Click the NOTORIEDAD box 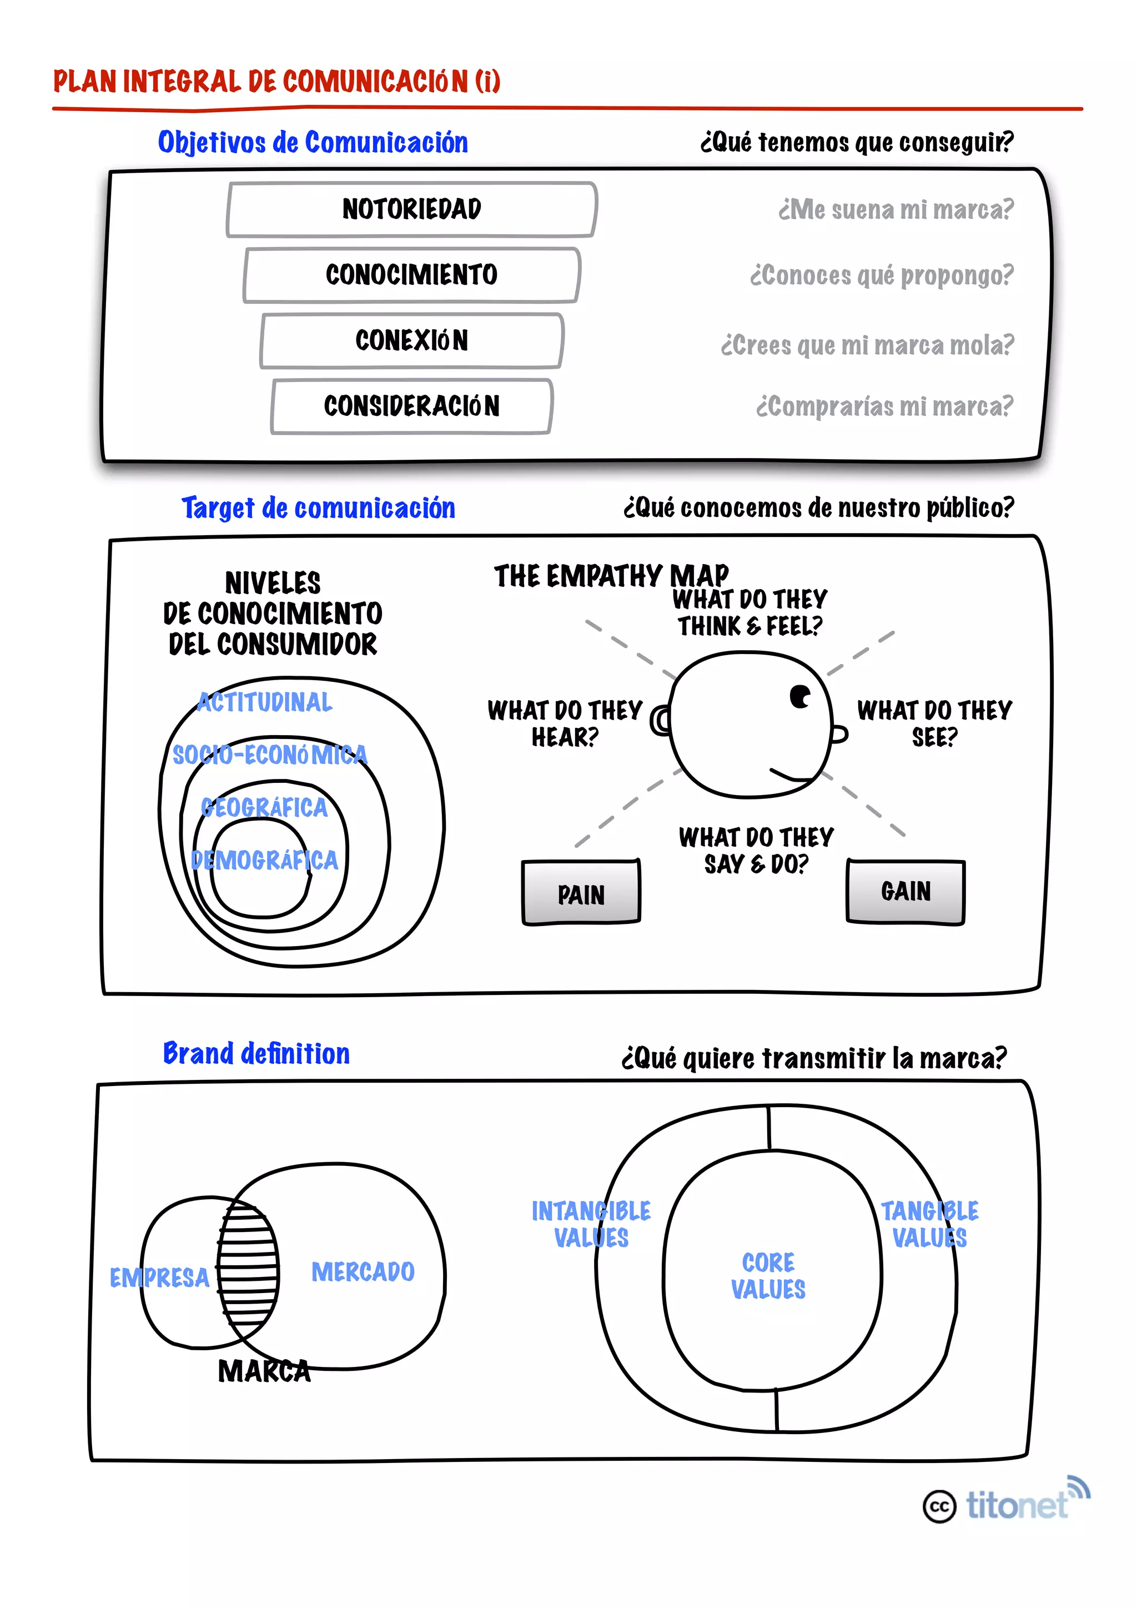(x=412, y=209)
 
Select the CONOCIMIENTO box (x=412, y=275)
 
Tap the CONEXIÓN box (x=412, y=340)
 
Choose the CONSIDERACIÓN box (x=412, y=406)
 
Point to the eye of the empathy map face (x=799, y=697)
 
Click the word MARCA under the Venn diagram (x=264, y=1371)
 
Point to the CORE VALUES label (x=768, y=1275)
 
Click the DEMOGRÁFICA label (x=264, y=860)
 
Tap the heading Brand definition (x=256, y=1053)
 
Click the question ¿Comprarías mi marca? (x=884, y=406)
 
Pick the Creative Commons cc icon (x=939, y=1506)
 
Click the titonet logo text (x=1017, y=1505)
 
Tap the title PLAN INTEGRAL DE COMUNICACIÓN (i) (x=276, y=81)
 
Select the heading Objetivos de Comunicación (x=313, y=142)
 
